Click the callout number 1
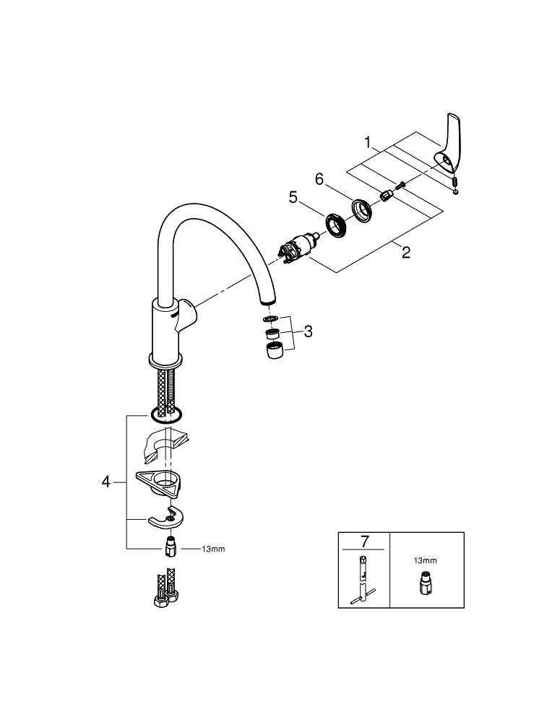click(367, 142)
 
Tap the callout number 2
click(405, 252)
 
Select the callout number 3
click(308, 331)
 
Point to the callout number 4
click(106, 482)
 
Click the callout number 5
click(293, 198)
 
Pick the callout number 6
click(319, 179)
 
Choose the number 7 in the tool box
click(365, 542)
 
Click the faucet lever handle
click(446, 144)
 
